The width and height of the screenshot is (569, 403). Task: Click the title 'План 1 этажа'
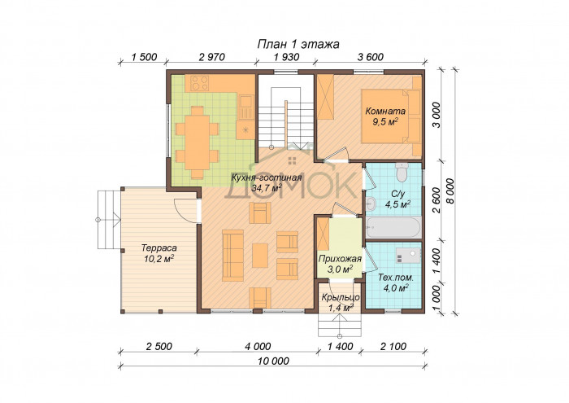298,44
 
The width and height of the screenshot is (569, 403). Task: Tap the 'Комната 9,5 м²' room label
385,116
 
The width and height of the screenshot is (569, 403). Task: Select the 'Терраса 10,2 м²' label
159,253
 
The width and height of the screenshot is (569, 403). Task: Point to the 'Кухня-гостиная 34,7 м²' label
267,183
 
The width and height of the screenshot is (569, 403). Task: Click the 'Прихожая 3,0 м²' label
340,264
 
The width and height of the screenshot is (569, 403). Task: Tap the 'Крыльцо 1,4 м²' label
341,303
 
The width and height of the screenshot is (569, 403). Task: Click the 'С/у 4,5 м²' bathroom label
397,199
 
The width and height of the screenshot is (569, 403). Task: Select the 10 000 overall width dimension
274,361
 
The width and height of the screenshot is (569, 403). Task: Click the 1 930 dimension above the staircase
287,57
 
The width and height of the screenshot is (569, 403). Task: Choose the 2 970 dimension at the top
212,57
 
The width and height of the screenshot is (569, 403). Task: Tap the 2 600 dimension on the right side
437,200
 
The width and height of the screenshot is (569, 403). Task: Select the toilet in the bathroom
402,172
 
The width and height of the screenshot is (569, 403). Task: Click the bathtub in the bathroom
393,227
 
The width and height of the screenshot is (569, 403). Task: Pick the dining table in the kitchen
197,142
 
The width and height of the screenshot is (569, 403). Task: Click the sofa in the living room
233,255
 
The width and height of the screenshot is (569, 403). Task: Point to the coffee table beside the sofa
260,255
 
